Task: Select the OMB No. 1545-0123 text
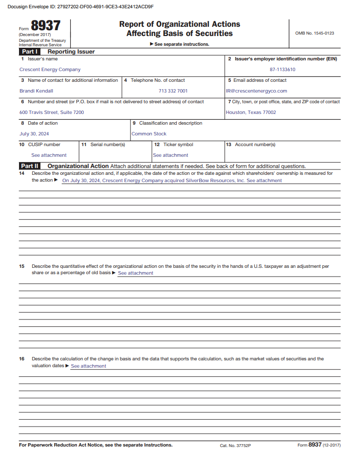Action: [x=314, y=33]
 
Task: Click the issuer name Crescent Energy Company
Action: [x=50, y=70]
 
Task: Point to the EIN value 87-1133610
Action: [x=283, y=70]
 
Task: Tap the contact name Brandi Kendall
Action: [x=36, y=91]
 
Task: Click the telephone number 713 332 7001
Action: [x=173, y=91]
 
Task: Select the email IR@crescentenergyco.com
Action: [x=256, y=91]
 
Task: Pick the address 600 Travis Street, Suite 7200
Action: [x=52, y=112]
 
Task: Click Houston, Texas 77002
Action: [x=251, y=112]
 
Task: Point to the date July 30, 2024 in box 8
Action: [x=34, y=134]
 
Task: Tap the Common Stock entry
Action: [x=149, y=134]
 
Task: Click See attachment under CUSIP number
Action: [x=49, y=155]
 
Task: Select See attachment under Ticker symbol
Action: [x=171, y=155]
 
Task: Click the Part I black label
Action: [x=30, y=52]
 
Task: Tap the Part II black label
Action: [x=30, y=166]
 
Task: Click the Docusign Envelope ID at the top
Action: [x=80, y=7]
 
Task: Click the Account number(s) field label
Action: [x=254, y=145]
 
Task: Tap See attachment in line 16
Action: [x=89, y=366]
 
